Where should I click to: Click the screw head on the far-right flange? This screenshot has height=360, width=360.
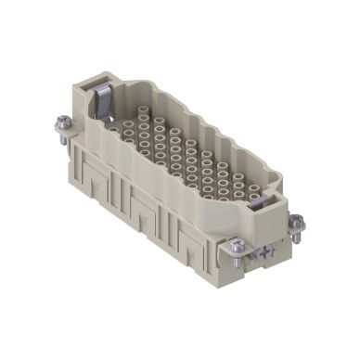[295, 220]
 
